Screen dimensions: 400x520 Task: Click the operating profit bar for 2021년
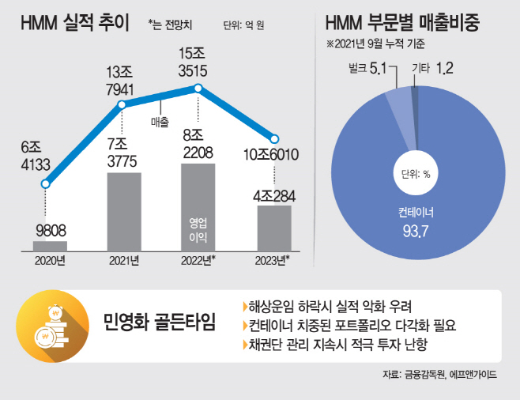coord(124,212)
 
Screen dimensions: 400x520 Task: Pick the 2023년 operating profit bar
coord(273,228)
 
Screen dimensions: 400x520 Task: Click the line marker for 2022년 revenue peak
coord(198,89)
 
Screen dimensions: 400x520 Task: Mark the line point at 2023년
coord(274,138)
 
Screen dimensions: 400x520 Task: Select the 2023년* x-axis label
coord(273,260)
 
